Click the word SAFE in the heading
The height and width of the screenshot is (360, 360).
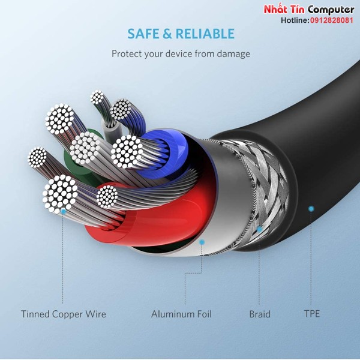pyautogui.click(x=143, y=34)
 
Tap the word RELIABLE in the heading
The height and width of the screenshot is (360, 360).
pyautogui.click(x=205, y=34)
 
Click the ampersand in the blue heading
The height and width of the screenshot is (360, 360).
pyautogui.click(x=167, y=34)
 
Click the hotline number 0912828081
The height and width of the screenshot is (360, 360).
pyautogui.click(x=332, y=20)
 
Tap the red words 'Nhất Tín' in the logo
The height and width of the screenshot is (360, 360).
pyautogui.click(x=284, y=10)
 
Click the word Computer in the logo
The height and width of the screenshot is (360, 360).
pyautogui.click(x=331, y=10)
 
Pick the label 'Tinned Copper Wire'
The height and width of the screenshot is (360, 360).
pyautogui.click(x=64, y=314)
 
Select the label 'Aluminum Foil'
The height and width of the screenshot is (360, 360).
pyautogui.click(x=181, y=314)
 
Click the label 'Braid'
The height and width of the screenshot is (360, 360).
pyautogui.click(x=260, y=314)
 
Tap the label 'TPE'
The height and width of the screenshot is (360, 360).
pyautogui.click(x=312, y=314)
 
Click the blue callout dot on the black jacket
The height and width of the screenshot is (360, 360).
pyautogui.click(x=311, y=209)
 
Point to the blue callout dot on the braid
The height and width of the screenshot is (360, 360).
pyautogui.click(x=259, y=229)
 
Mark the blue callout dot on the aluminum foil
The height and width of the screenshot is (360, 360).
pyautogui.click(x=202, y=242)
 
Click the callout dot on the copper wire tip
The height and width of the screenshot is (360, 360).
pyautogui.click(x=63, y=211)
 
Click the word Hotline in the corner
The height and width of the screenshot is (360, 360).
pyautogui.click(x=295, y=20)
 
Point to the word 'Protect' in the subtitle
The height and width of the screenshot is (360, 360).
pyautogui.click(x=127, y=54)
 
